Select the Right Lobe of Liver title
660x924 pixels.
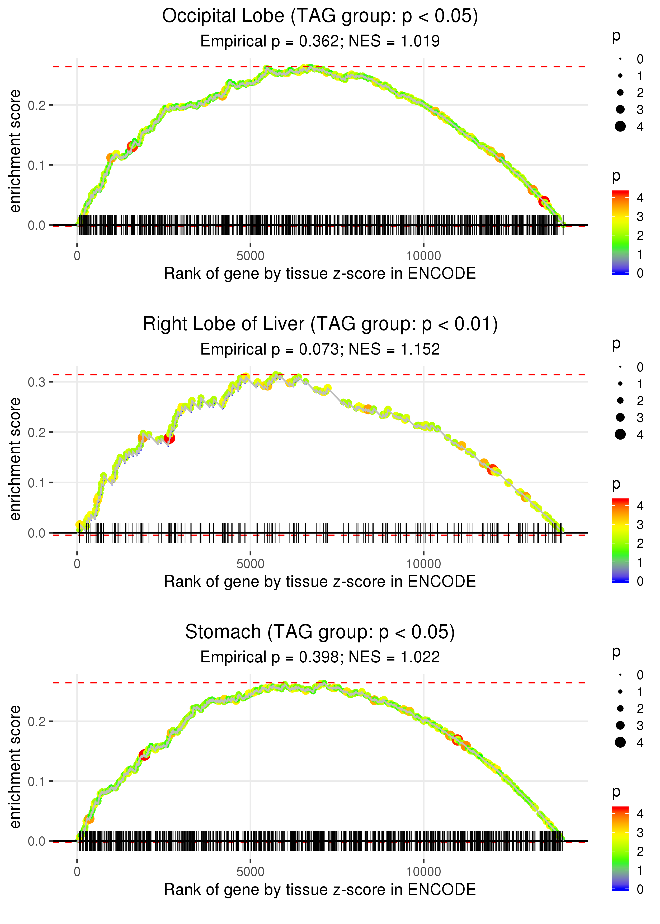pos(320,324)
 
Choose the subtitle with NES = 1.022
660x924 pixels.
pos(320,657)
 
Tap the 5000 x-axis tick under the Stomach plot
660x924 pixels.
pos(250,871)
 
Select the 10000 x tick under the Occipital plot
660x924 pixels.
pos(423,256)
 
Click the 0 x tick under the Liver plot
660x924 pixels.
pos(77,564)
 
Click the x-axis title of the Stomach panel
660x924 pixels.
pos(320,890)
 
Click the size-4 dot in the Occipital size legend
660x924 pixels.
pos(620,126)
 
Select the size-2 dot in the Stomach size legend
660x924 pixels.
pos(620,709)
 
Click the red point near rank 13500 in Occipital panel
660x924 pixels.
pos(544,201)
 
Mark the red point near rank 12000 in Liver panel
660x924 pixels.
pos(493,470)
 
